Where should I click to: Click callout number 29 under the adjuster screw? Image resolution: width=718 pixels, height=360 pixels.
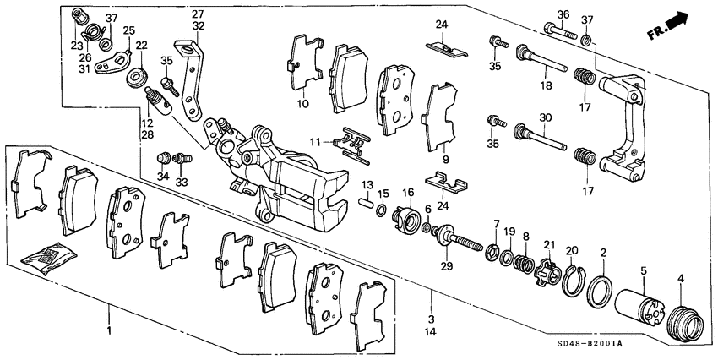[x=447, y=266]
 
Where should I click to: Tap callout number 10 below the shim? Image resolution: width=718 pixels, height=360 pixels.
[x=302, y=105]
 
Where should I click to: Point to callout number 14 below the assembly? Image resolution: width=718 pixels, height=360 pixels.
[x=432, y=333]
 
